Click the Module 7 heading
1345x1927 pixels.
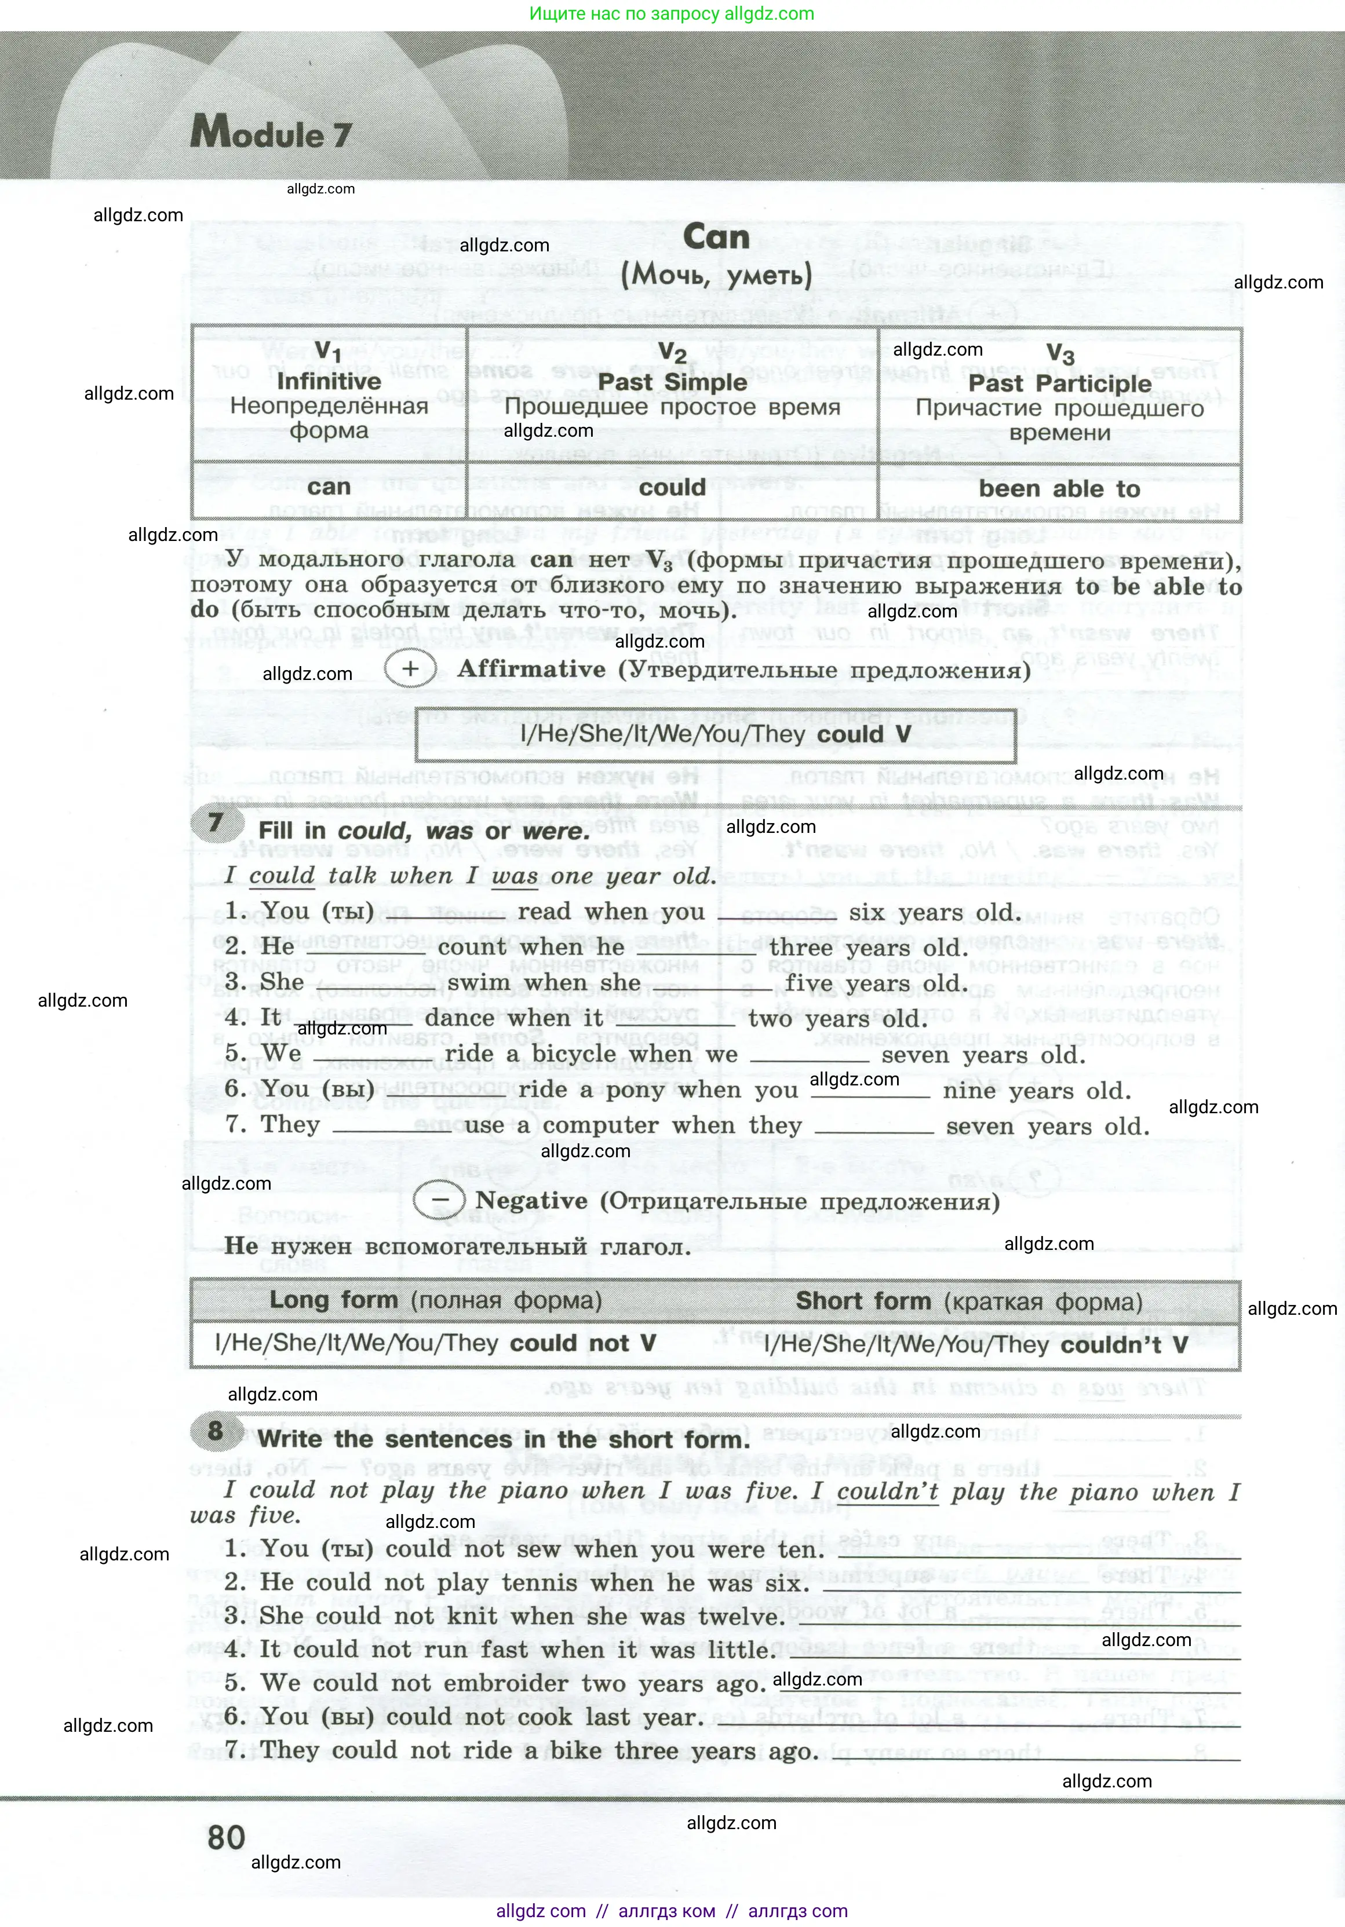[271, 133]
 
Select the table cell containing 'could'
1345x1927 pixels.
[672, 488]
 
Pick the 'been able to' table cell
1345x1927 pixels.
[1059, 489]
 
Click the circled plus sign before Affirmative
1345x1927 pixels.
[410, 669]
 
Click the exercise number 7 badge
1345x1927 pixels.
[216, 822]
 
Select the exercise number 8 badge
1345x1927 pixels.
[216, 1429]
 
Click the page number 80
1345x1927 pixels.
[226, 1837]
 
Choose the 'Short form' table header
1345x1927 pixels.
[863, 1301]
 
